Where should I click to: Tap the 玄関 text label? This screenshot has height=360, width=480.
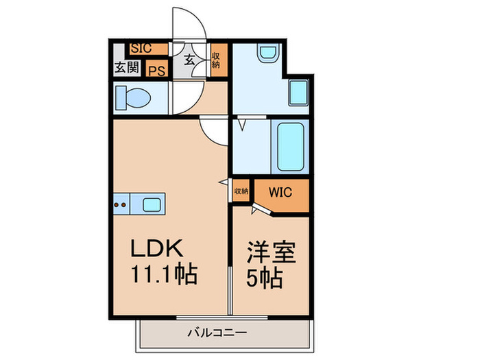(x=126, y=67)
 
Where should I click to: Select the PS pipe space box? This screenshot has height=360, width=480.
(x=157, y=69)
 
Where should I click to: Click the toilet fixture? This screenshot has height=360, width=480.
(x=134, y=97)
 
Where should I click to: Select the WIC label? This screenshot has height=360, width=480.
(x=281, y=191)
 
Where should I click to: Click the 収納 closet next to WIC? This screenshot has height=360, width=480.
(x=241, y=191)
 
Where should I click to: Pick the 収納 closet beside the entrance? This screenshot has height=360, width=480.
(x=215, y=60)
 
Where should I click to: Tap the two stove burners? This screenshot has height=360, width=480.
(x=121, y=203)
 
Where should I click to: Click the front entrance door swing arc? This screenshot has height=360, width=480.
(x=189, y=24)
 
